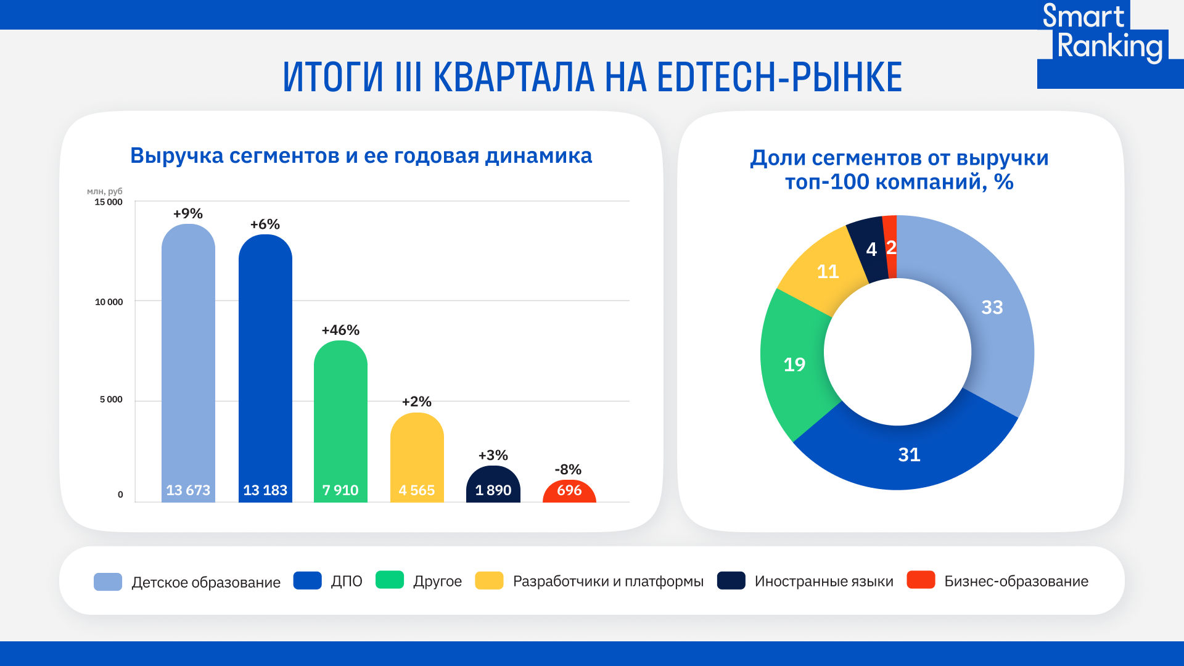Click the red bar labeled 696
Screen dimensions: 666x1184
pyautogui.click(x=569, y=491)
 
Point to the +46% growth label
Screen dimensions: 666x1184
pyautogui.click(x=340, y=331)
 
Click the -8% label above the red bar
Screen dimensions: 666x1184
pyautogui.click(x=568, y=470)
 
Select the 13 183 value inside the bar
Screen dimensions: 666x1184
pyautogui.click(x=265, y=490)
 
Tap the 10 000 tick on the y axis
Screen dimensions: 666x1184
pyautogui.click(x=109, y=302)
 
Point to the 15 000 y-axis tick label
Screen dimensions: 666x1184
pyautogui.click(x=109, y=202)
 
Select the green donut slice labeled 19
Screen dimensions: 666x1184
pyautogui.click(x=794, y=365)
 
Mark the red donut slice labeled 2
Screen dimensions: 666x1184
pyautogui.click(x=890, y=247)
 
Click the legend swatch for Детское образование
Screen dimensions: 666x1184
pyautogui.click(x=108, y=582)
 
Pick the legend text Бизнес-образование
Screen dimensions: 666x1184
pyautogui.click(x=1016, y=582)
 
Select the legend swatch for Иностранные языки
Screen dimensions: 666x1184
pyautogui.click(x=731, y=581)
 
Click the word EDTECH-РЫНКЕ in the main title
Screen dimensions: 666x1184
pyautogui.click(x=779, y=78)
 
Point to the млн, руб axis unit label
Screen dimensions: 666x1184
pyautogui.click(x=105, y=191)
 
